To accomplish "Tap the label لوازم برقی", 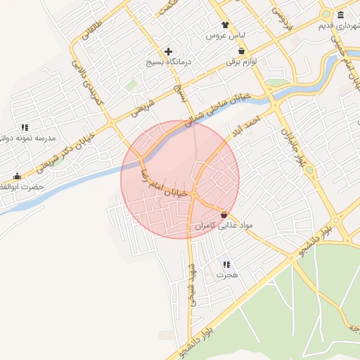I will [241, 62].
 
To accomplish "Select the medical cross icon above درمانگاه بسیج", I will [168, 51].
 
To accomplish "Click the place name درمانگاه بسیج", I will [169, 62].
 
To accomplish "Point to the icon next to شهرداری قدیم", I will [340, 15].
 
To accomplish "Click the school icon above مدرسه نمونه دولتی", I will [25, 127].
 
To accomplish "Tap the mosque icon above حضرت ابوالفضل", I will [17, 176].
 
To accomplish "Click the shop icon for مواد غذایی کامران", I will [224, 214].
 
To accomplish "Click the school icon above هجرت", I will [226, 264].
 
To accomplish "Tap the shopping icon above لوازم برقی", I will [242, 51].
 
